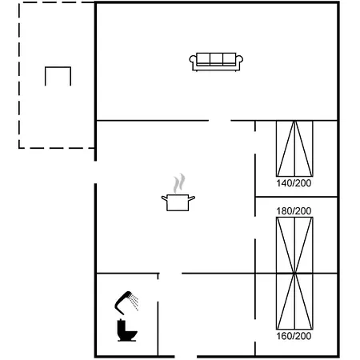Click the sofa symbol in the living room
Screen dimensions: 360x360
pos(216,62)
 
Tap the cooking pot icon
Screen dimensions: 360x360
pos(178,202)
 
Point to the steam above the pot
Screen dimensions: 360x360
pos(179,183)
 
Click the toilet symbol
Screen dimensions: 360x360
pos(126,330)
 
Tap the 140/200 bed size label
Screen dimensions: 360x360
pos(294,183)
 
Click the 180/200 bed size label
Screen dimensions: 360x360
pos(294,211)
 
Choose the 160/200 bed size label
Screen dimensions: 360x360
pos(294,336)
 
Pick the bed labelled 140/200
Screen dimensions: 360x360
pos(294,149)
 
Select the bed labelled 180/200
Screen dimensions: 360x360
pos(294,246)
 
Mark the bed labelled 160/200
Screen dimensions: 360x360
pos(294,302)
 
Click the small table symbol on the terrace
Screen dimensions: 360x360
pos(58,67)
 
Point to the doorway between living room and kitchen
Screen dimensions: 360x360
pos(220,121)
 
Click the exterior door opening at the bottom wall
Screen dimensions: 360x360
pos(186,357)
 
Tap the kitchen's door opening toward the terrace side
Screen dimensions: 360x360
pos(95,172)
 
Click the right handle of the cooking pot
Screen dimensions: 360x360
pos(192,198)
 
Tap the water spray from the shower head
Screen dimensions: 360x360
pos(134,302)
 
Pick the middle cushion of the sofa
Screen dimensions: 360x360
pos(216,58)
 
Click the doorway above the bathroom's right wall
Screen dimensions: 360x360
pos(170,274)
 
